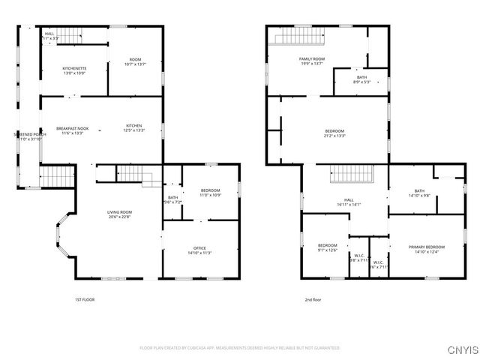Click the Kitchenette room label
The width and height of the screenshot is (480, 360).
point(74,70)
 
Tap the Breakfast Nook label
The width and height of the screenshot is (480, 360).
point(73,128)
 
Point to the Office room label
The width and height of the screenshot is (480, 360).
point(199,250)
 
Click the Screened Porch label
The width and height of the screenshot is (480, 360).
point(30,136)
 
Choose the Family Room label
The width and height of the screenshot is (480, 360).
point(311,61)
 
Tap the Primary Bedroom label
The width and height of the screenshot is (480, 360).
point(426,249)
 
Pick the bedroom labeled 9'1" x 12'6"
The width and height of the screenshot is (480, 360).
point(327,247)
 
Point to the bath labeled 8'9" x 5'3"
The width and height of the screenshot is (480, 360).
point(361,79)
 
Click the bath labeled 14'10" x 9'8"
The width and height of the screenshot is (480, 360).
point(418,193)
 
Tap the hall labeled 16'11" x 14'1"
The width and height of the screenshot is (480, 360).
point(349,202)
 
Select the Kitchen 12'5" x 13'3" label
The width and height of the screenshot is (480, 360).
point(133,128)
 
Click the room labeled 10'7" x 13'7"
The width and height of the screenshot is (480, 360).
point(135,62)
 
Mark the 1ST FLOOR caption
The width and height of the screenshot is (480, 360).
point(85,299)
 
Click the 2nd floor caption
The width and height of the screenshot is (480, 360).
point(312,299)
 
